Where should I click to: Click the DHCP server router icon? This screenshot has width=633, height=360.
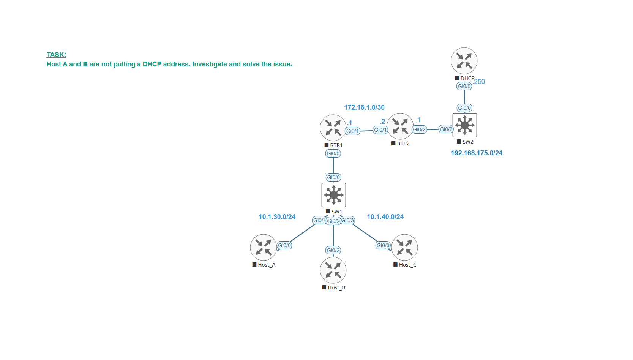(x=464, y=61)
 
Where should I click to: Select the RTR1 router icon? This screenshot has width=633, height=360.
(x=333, y=128)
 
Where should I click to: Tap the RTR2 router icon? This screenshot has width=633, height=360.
(x=400, y=126)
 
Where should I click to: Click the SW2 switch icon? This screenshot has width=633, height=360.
(x=464, y=125)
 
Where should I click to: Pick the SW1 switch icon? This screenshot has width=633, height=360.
(x=333, y=195)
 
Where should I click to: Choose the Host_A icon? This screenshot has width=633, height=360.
(x=263, y=247)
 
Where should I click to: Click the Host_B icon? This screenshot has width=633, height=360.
(x=333, y=270)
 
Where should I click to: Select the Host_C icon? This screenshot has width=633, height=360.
(x=404, y=247)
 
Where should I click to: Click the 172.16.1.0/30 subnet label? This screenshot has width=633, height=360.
(x=364, y=107)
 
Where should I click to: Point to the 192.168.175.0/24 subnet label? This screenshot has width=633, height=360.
(x=476, y=153)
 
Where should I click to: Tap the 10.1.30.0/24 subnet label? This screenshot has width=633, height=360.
(x=277, y=217)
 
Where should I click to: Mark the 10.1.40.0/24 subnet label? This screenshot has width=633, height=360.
(x=385, y=217)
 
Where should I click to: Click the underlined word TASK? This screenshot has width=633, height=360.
(x=56, y=55)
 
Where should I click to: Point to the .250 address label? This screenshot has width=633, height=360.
(x=480, y=82)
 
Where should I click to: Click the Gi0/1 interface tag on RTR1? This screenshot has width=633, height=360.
(x=352, y=131)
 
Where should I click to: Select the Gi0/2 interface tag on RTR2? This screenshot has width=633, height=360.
(x=419, y=129)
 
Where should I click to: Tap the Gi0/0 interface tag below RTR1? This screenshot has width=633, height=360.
(x=333, y=153)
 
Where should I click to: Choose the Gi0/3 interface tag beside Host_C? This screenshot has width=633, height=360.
(x=383, y=245)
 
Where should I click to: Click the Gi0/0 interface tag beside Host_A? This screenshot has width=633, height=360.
(x=284, y=245)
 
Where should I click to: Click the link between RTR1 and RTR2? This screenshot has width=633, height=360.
(x=366, y=131)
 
